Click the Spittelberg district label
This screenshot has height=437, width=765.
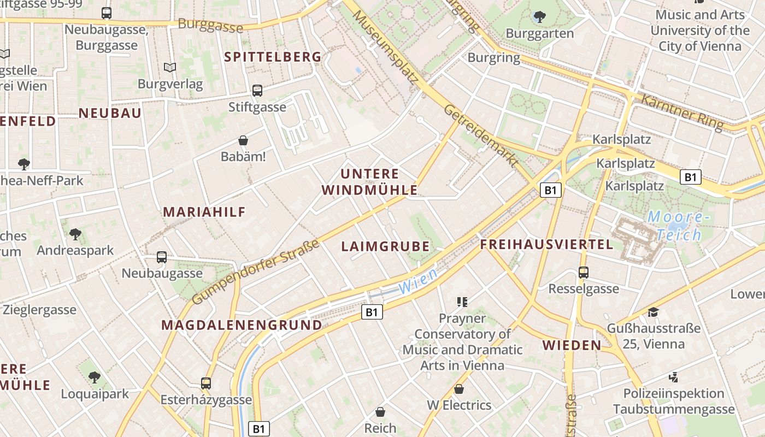[x=273, y=57]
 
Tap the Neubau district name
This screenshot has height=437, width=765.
[x=110, y=113]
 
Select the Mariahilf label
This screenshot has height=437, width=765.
[x=204, y=212]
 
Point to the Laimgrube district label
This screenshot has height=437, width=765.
[x=385, y=246]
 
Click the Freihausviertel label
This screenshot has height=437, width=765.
[x=546, y=244]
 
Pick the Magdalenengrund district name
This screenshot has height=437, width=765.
[x=242, y=325]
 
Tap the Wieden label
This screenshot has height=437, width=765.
[x=572, y=345]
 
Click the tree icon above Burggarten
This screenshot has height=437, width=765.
[x=539, y=17]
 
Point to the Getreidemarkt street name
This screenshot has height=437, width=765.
[x=481, y=135]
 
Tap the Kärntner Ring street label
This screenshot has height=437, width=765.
[x=681, y=112]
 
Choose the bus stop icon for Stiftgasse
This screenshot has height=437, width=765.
[x=257, y=91]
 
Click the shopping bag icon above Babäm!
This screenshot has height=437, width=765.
[x=243, y=141]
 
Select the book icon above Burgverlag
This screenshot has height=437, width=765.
[x=170, y=68]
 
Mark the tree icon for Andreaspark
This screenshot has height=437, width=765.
[x=75, y=234]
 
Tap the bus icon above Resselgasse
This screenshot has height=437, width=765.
[x=584, y=272]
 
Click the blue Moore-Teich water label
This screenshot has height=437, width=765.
[x=678, y=226]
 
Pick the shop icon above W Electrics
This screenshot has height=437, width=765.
[x=459, y=389]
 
